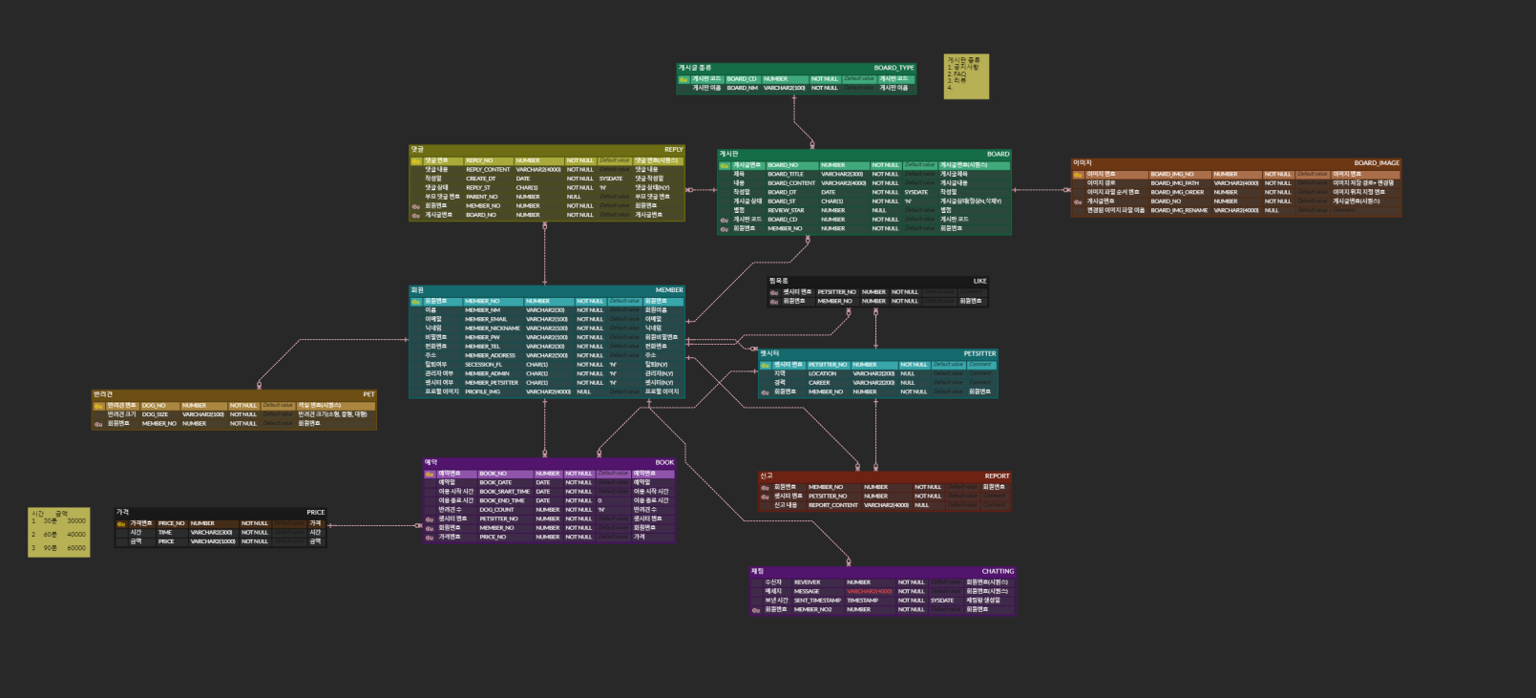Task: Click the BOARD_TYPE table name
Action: pos(894,68)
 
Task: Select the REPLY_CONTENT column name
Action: pos(488,170)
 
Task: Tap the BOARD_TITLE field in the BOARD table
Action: pos(786,174)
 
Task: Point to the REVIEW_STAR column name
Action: pos(786,210)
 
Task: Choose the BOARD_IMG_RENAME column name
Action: pos(1179,210)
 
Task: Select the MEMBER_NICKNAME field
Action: pos(492,328)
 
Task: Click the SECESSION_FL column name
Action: pos(483,365)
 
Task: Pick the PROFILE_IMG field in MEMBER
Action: pos(482,391)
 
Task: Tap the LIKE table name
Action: pos(979,282)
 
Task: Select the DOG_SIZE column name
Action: pos(155,414)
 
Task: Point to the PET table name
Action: pos(368,394)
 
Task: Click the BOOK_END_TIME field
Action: pos(501,500)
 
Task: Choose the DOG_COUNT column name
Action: pos(496,510)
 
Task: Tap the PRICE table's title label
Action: pos(315,513)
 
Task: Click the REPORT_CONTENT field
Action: pos(832,505)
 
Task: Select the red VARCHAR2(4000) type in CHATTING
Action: pos(869,591)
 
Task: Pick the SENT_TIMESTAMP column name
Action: pos(817,601)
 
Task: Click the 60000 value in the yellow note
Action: pos(76,548)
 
